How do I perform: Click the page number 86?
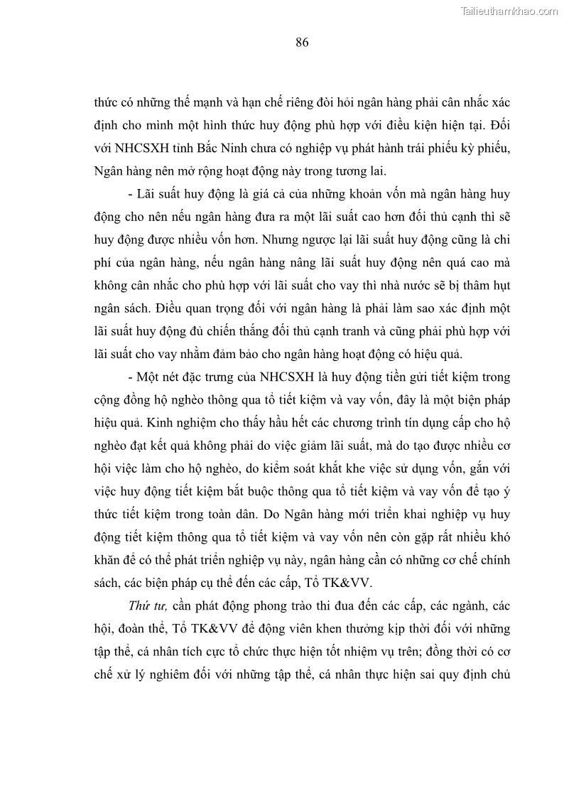302,43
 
